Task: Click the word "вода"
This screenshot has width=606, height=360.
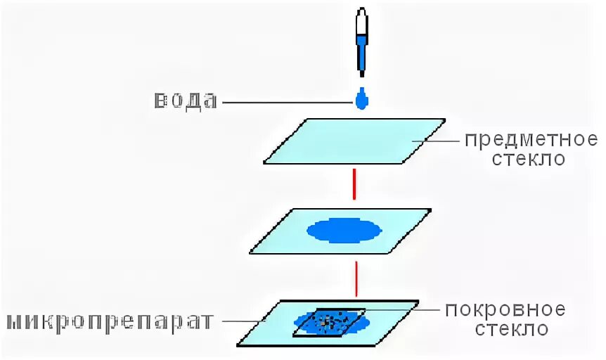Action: (x=186, y=101)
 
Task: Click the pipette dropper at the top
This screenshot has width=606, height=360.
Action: (x=361, y=42)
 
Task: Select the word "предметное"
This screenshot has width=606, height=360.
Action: (x=531, y=139)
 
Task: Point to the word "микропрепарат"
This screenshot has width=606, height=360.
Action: (x=109, y=322)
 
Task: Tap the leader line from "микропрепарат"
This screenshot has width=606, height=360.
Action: (x=243, y=322)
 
